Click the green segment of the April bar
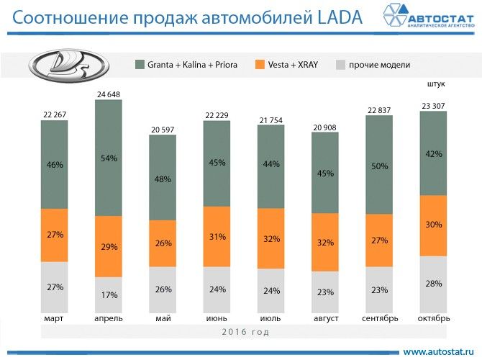pos(108,158)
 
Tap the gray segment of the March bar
pos(54,287)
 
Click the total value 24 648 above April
pos(108,94)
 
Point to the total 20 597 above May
pos(162,129)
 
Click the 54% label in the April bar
pos(108,158)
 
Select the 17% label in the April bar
pos(108,294)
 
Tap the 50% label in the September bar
pos(378,166)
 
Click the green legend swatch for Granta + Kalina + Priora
pos(140,65)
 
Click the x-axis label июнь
pos(216,318)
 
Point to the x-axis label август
pos(324,318)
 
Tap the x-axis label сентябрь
pos(378,318)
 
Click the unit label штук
pos(436,84)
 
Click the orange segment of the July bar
pos(270,238)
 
